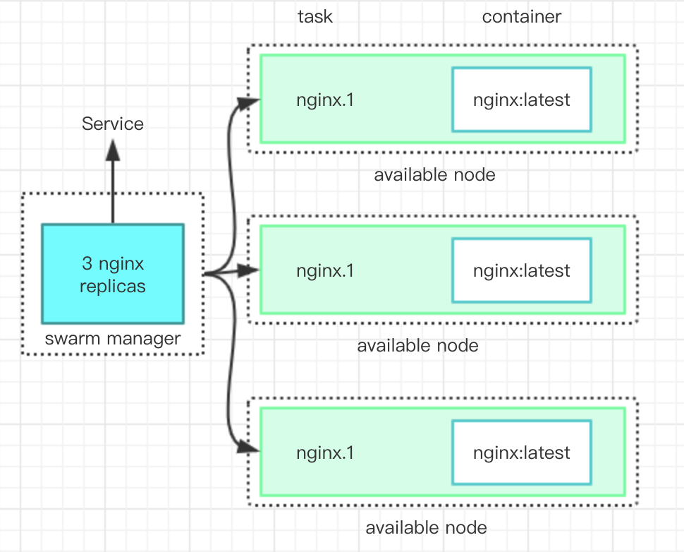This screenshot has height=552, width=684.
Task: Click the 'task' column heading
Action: pos(315,17)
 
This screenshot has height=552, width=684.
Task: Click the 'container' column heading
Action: pos(522,17)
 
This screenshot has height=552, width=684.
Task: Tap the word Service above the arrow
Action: pos(113,124)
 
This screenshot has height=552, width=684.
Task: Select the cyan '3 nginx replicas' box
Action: pos(113,274)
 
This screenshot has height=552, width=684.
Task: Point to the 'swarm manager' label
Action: pos(113,339)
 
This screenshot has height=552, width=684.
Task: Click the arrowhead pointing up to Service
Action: pos(113,150)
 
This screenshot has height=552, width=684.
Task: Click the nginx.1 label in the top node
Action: pos(325,100)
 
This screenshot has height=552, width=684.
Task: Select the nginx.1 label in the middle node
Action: pos(325,271)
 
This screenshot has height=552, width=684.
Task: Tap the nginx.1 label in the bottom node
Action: pos(325,453)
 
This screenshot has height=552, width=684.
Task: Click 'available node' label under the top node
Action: pos(434,175)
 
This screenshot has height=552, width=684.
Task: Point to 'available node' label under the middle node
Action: pos(418,346)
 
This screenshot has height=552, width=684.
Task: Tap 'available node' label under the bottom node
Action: pos(426,528)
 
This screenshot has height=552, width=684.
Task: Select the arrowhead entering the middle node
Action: pos(249,270)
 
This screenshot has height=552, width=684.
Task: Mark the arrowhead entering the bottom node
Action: pos(249,448)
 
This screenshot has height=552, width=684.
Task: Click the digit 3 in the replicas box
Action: pos(87,263)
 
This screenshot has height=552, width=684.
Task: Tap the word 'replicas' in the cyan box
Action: pos(113,287)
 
